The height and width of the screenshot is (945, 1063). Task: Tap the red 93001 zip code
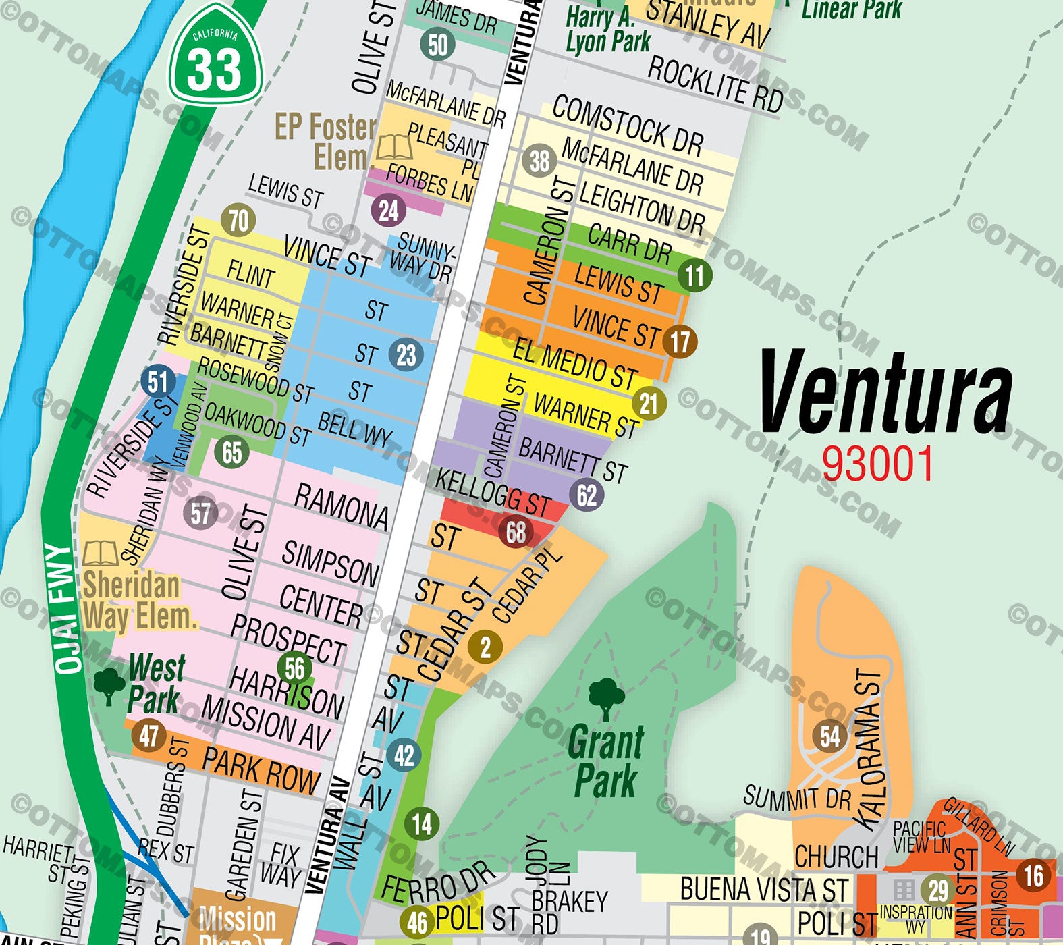[877, 464]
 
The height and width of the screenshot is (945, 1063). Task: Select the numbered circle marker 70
[239, 221]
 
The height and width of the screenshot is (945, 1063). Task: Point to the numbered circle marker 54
[830, 736]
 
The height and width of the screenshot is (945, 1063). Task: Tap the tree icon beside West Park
[109, 686]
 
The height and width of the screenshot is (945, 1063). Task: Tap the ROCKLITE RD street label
[715, 84]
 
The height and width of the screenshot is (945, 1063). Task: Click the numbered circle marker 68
[516, 533]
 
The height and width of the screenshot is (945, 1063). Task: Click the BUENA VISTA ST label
[763, 889]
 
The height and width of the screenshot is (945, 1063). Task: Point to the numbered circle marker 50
[437, 45]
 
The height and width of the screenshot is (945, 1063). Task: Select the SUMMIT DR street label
[796, 799]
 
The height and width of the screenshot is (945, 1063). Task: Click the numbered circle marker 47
[148, 735]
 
